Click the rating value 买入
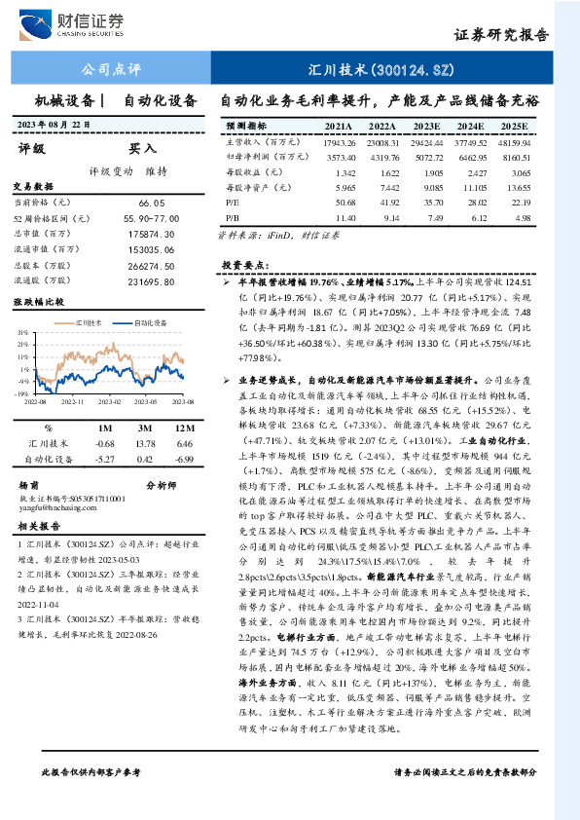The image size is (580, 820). [x=143, y=149]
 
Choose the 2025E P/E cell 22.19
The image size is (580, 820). [x=517, y=202]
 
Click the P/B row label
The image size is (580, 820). [x=232, y=217]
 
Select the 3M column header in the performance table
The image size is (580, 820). [x=143, y=427]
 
